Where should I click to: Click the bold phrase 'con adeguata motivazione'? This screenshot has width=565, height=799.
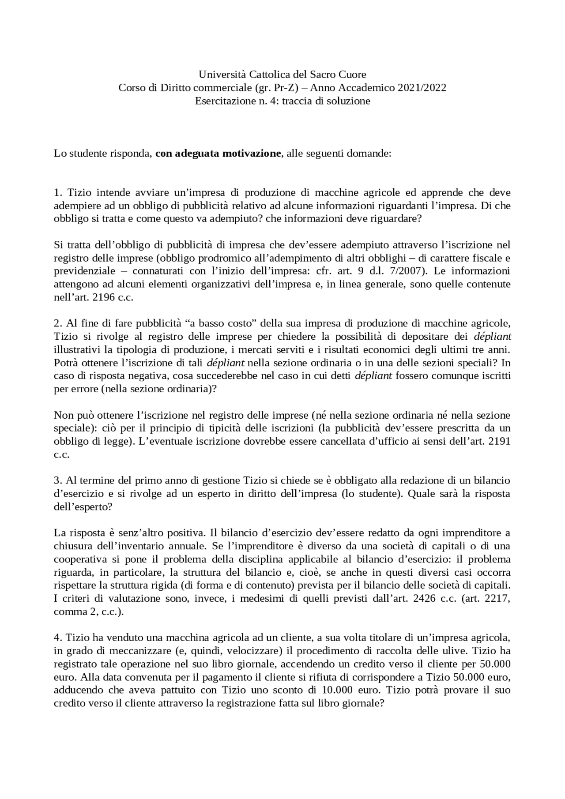tap(218, 154)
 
